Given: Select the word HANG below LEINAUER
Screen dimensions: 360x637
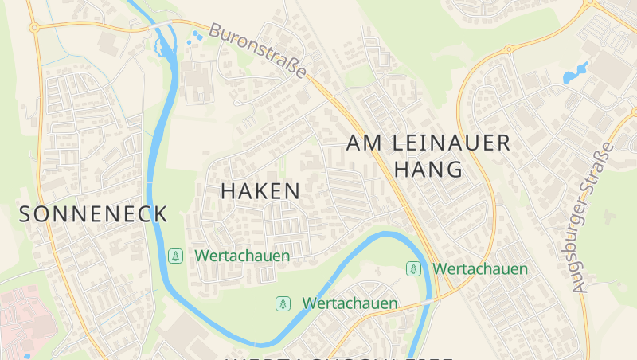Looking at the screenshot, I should coord(428,170).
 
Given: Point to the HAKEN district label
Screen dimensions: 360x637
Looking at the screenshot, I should coord(260,191).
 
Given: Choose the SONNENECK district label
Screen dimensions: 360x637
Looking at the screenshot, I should coord(93,214).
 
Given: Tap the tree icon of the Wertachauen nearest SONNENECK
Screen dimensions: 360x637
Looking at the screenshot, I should coord(174,256).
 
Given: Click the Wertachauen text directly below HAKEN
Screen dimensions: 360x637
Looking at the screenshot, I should coord(242,256).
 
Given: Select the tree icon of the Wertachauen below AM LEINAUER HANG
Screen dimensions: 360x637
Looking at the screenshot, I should coord(413,269).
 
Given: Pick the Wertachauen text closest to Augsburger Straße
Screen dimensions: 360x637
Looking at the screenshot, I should coord(480,269).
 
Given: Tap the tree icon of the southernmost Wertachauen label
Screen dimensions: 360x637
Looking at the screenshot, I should coord(282,303).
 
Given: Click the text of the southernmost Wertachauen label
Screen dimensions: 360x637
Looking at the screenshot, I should coord(350,303).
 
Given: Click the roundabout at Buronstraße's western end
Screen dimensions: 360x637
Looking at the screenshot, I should coord(34,28).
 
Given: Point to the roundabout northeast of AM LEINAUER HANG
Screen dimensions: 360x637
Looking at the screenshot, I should coord(508,49).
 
